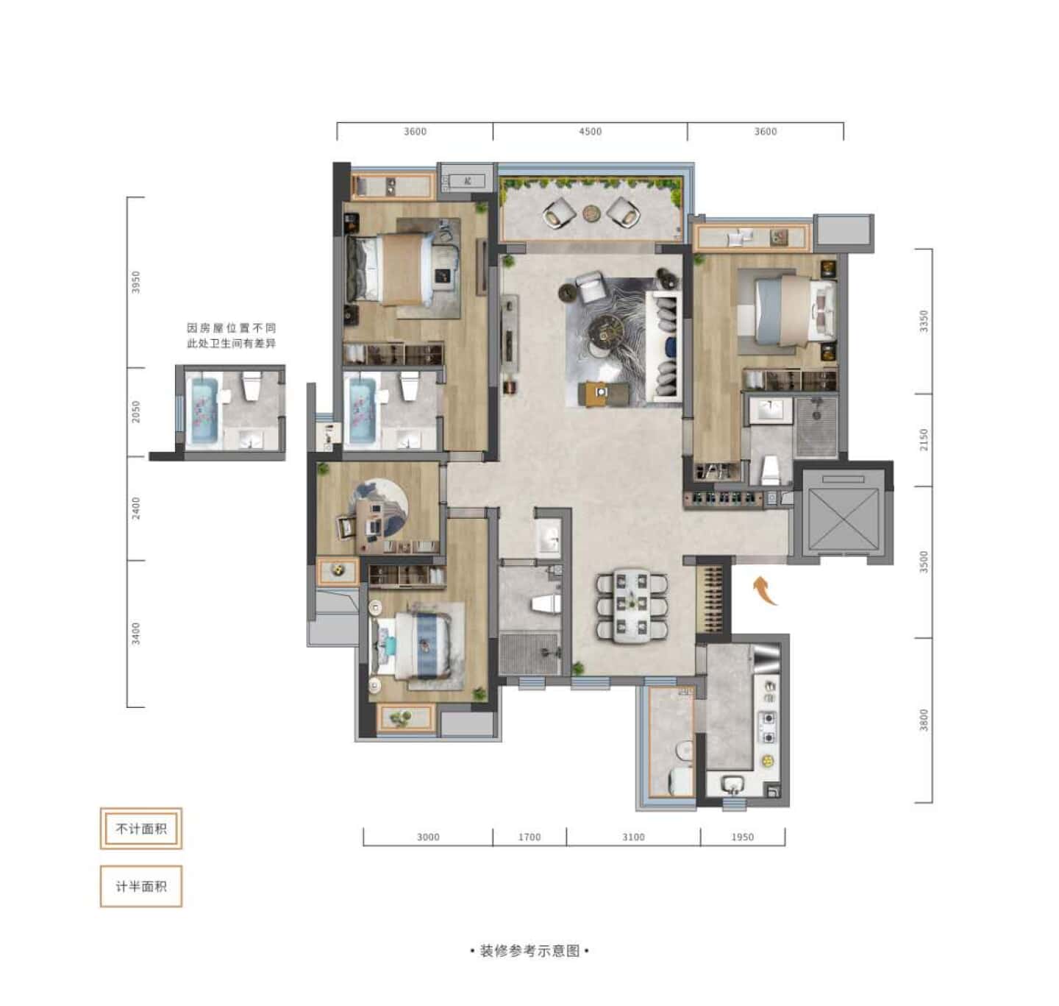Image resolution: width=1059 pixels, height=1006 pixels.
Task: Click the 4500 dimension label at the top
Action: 590,132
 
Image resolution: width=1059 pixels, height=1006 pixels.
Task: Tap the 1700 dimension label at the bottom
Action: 529,837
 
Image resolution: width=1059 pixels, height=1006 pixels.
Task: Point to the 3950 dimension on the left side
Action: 136,282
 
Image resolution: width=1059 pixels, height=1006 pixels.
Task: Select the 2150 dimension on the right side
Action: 924,439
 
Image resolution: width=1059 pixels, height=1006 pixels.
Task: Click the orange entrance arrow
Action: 766,590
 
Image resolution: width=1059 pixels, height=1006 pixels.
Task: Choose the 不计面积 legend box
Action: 141,829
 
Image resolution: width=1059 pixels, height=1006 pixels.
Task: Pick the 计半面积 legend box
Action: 141,886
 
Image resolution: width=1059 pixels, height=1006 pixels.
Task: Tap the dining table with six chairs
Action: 632,606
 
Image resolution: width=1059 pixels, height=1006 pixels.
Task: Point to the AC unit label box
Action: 467,181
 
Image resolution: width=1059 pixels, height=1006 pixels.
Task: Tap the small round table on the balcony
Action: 592,213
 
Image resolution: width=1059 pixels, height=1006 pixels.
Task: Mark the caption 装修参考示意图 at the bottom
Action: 529,951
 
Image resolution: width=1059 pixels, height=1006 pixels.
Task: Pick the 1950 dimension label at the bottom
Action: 742,837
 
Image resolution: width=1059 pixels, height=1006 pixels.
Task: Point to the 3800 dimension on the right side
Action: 924,720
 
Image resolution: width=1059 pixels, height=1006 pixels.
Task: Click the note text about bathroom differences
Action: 231,336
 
